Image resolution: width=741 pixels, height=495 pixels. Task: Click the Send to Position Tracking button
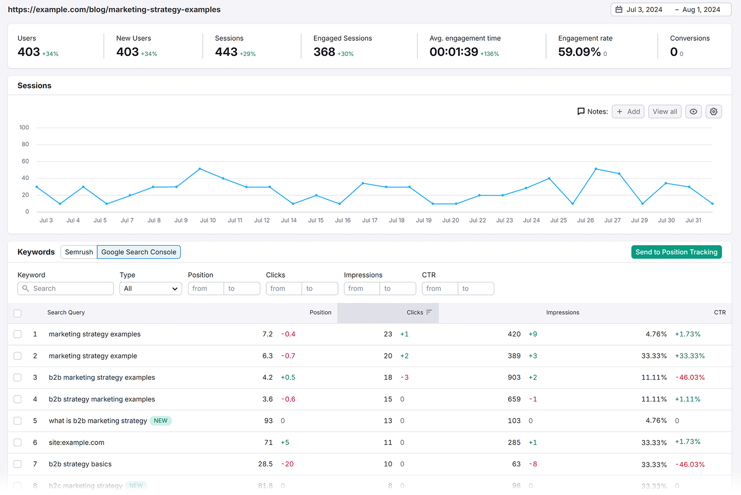tap(676, 252)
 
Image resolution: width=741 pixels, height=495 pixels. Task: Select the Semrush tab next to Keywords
tap(79, 252)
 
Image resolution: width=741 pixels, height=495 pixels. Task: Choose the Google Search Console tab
tap(138, 252)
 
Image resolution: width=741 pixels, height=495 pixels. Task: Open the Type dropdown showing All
tap(151, 289)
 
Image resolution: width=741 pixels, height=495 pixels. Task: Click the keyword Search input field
tap(69, 289)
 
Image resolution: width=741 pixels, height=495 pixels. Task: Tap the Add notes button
tap(628, 111)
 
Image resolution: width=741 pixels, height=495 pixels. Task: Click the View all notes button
tap(665, 111)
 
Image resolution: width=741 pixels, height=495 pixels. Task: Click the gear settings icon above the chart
tap(714, 111)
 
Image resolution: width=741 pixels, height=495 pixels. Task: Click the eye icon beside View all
tap(693, 111)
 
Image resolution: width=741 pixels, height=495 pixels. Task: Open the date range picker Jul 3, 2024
tap(644, 10)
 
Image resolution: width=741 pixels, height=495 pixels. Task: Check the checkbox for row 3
tap(18, 377)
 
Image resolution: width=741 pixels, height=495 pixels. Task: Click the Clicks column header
tap(415, 313)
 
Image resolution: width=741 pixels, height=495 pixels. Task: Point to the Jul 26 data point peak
tap(596, 169)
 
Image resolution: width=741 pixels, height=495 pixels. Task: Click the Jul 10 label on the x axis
tap(208, 221)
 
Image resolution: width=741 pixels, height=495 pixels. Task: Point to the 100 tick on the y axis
tap(24, 128)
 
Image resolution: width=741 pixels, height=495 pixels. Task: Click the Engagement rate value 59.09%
tap(579, 52)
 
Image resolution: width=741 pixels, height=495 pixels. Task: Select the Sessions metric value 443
tap(226, 52)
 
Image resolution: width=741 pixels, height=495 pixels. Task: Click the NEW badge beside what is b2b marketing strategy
tap(161, 421)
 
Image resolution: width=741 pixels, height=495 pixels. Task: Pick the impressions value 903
tap(514, 377)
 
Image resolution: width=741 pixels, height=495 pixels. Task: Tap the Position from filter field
tap(206, 289)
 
